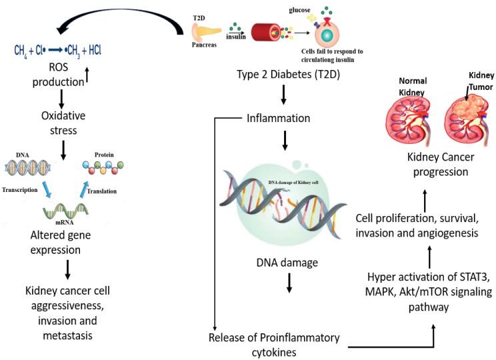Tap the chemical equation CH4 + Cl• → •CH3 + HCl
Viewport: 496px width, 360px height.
click(59, 50)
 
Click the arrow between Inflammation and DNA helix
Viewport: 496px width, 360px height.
click(285, 141)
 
